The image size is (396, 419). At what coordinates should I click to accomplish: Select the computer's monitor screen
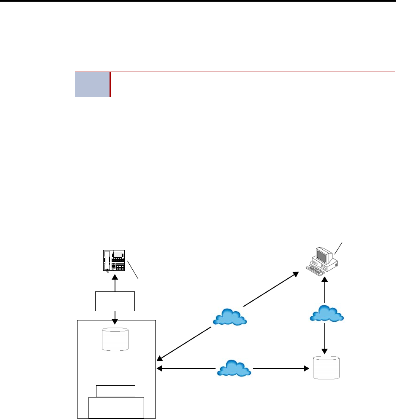[x=322, y=256]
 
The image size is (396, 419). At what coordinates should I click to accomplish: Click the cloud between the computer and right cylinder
[x=326, y=313]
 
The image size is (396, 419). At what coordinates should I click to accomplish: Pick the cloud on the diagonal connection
[x=230, y=317]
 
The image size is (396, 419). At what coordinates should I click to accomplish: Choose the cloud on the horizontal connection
[x=234, y=368]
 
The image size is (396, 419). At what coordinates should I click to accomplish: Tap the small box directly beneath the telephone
[x=115, y=301]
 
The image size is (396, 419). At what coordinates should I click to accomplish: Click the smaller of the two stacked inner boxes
[x=116, y=391]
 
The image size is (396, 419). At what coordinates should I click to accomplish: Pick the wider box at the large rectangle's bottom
[x=116, y=407]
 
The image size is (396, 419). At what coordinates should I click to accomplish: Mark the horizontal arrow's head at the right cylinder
[x=306, y=368]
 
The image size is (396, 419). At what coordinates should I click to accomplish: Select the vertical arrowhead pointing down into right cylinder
[x=325, y=351]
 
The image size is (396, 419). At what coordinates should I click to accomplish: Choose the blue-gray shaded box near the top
[x=92, y=85]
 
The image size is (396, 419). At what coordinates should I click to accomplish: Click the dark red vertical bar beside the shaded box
[x=110, y=85]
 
